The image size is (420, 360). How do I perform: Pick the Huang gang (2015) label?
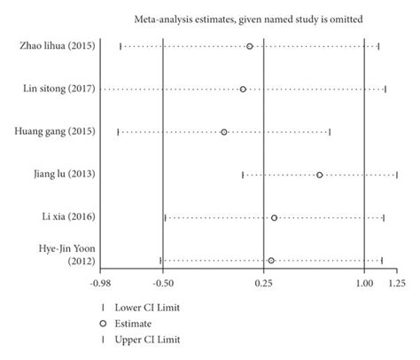56,131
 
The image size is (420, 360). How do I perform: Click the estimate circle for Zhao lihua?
250,46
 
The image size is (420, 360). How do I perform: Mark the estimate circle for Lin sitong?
243,89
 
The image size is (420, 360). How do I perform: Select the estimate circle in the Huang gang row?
224,131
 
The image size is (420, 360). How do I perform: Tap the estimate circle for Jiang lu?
319,175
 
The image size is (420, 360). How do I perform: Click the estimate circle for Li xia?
274,217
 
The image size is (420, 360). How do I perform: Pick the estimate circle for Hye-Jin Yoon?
270,261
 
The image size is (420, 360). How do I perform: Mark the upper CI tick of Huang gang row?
330,131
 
